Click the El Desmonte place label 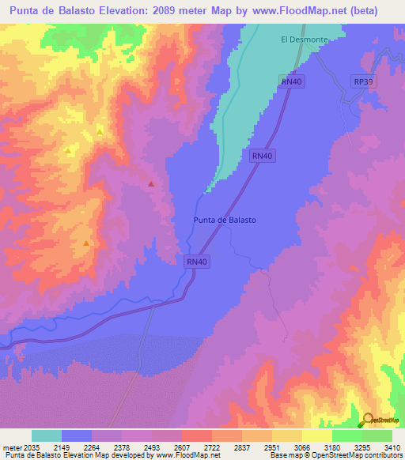coord(304,39)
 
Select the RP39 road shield coord(363,81)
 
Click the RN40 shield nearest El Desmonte coord(291,81)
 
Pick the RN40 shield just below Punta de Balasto coord(197,262)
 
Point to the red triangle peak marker coord(151,183)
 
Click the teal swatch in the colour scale coord(47,435)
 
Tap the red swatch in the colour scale coord(196,435)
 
